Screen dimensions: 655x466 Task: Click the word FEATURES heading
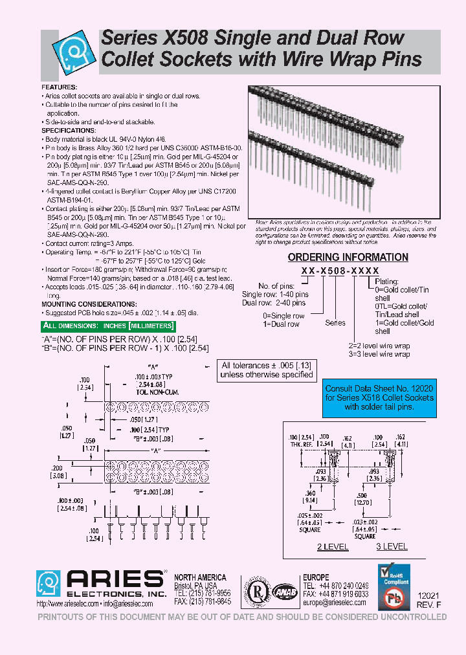click(x=60, y=87)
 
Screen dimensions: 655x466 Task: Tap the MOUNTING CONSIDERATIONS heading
click(x=89, y=304)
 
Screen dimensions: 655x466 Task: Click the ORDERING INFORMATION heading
click(x=348, y=258)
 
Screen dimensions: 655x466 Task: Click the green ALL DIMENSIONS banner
click(x=107, y=326)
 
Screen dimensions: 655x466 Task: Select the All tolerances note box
click(x=267, y=370)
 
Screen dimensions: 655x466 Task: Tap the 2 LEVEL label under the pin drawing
click(x=332, y=547)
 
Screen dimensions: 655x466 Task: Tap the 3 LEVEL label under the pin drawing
click(x=392, y=547)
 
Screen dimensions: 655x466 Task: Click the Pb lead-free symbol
click(x=395, y=597)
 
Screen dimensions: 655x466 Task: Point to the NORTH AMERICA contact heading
click(x=201, y=577)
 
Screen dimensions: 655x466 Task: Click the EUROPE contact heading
click(x=316, y=577)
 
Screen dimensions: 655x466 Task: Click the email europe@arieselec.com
click(x=334, y=603)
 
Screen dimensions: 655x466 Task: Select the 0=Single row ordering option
click(x=283, y=316)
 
